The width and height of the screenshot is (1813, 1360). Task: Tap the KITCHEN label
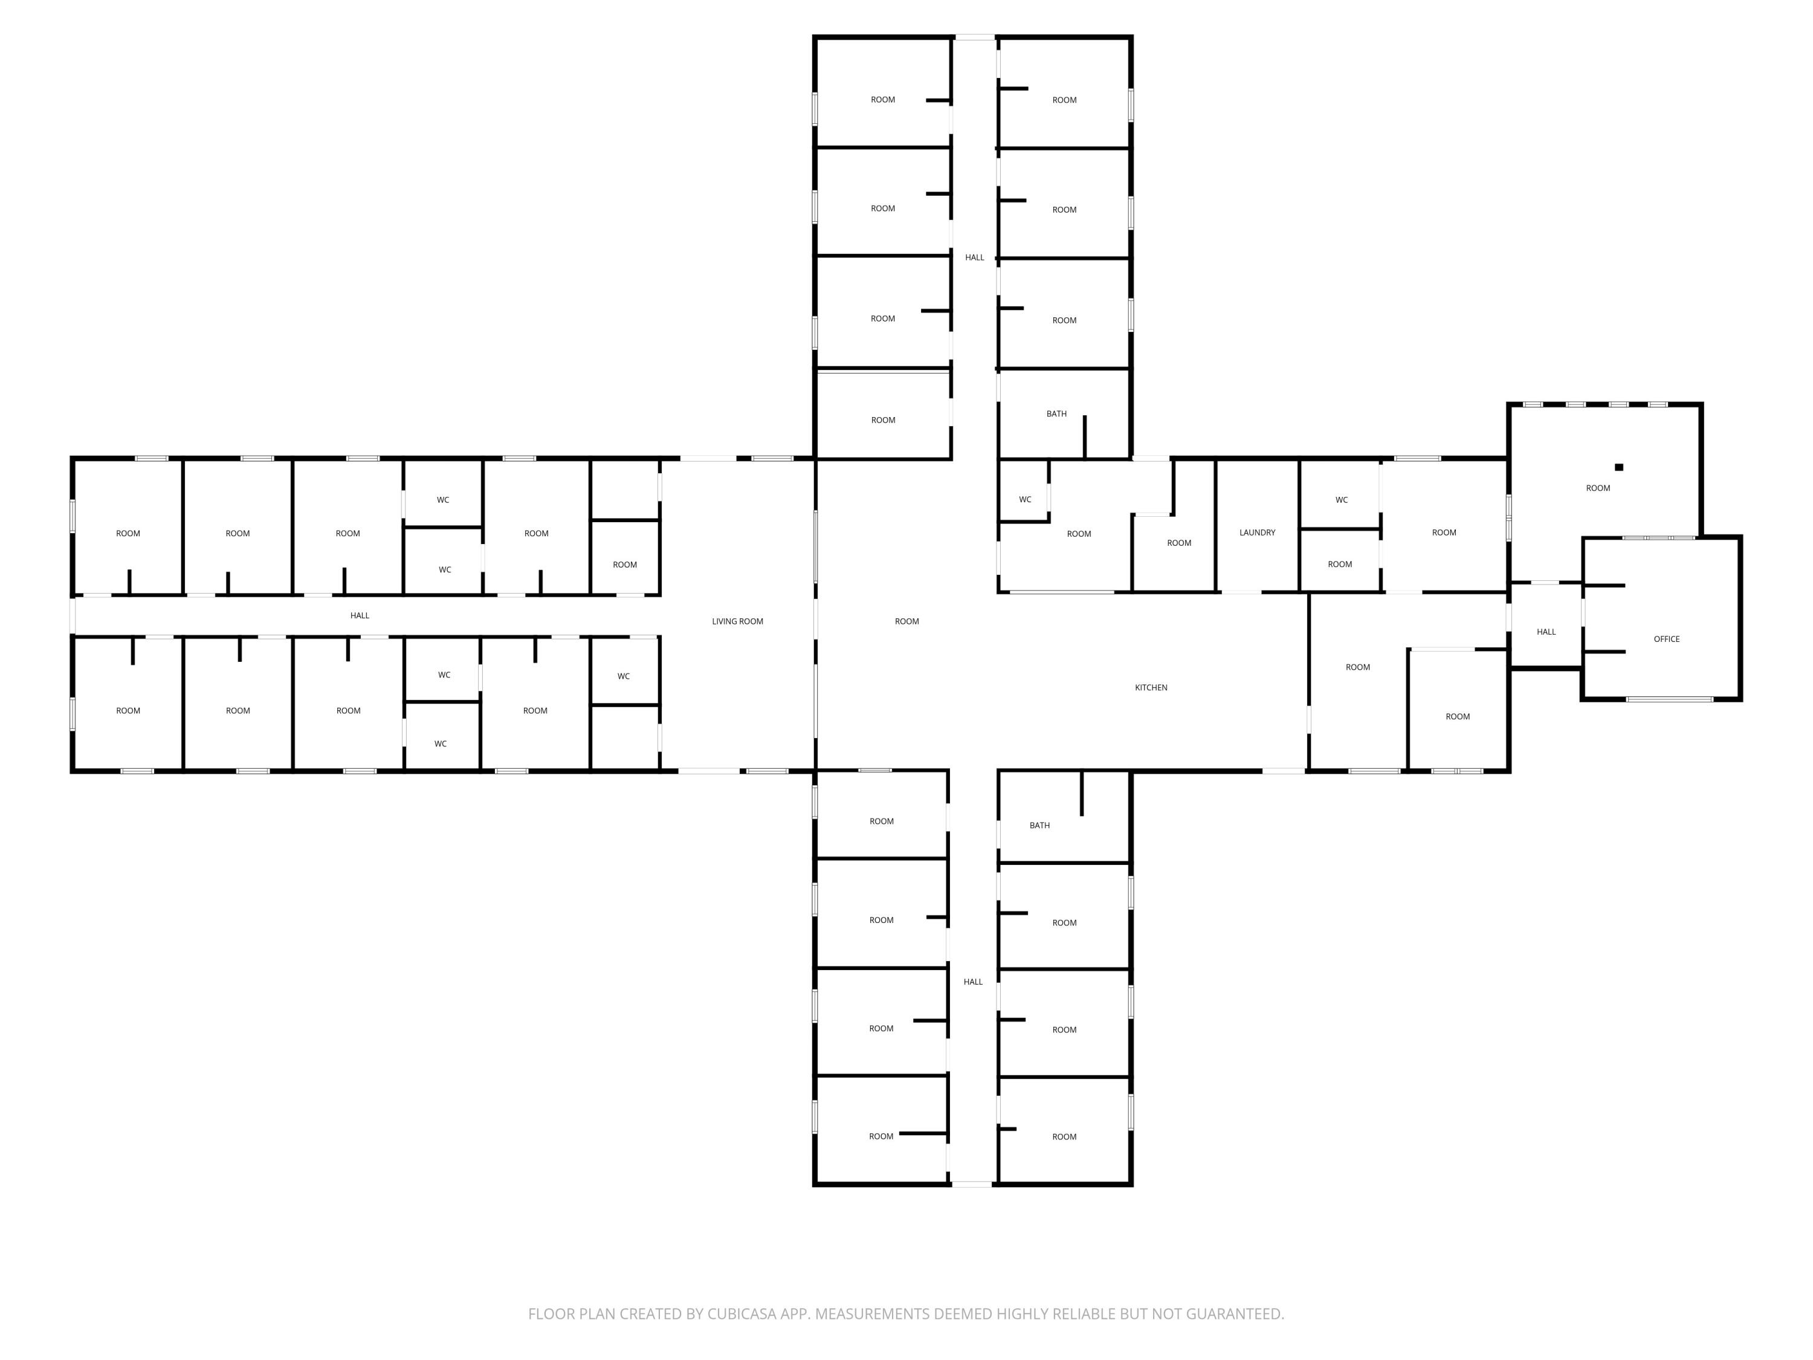click(x=1151, y=688)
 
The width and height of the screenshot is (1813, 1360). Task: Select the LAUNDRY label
click(x=1257, y=533)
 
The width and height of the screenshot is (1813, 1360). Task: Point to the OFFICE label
click(x=1666, y=640)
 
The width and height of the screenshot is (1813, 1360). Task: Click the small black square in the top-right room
click(x=1619, y=467)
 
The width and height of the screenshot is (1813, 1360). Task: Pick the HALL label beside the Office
click(x=1546, y=632)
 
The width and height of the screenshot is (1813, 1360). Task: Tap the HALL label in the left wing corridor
click(x=360, y=616)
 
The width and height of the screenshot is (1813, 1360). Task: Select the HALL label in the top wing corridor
click(x=975, y=257)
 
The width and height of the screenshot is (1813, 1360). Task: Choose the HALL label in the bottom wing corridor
click(x=973, y=982)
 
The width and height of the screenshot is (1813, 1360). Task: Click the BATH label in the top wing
click(x=1056, y=414)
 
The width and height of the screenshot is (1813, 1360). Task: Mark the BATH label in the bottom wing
click(x=1039, y=826)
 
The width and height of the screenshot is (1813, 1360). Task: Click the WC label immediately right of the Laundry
click(x=1342, y=500)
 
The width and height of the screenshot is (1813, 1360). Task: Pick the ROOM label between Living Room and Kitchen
click(x=906, y=621)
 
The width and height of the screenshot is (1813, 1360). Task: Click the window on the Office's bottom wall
click(x=1670, y=699)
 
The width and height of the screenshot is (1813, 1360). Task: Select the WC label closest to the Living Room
click(x=624, y=676)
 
